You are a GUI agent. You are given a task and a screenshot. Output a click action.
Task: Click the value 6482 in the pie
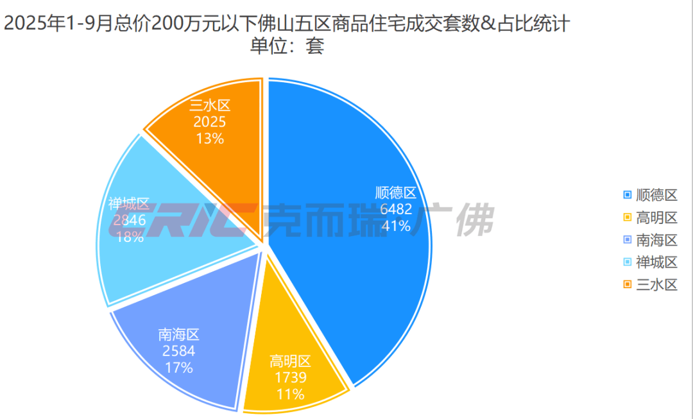(x=396, y=209)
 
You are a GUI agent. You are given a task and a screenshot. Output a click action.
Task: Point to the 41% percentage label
(x=396, y=225)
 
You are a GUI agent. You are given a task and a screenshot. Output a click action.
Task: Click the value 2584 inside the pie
(x=178, y=351)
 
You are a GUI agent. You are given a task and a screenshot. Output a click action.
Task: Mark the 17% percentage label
(x=178, y=368)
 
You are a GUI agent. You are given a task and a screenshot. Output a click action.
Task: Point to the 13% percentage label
(x=209, y=138)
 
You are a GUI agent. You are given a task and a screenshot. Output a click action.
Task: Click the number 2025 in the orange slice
(x=209, y=122)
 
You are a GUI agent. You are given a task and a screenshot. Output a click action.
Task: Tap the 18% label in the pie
(x=129, y=236)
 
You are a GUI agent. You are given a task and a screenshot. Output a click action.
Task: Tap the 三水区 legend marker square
(x=627, y=284)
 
